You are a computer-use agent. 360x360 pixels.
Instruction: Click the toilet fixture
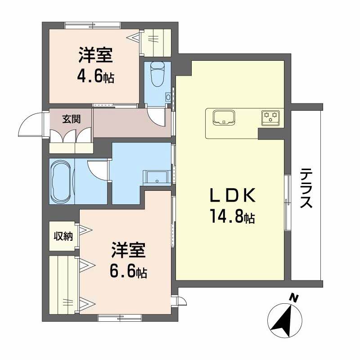coord(157,74)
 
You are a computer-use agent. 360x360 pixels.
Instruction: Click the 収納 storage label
coord(63,235)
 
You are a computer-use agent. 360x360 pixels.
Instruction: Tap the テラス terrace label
coord(306,188)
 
